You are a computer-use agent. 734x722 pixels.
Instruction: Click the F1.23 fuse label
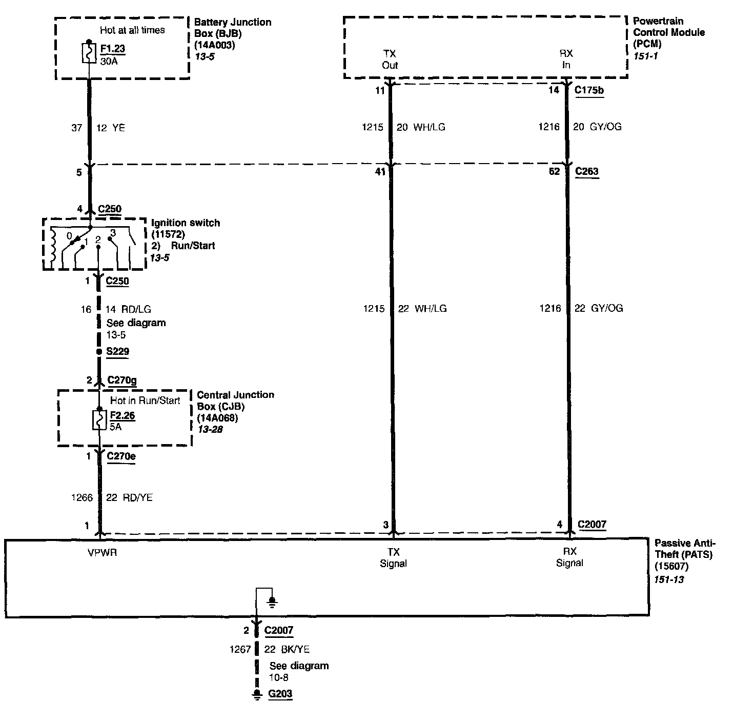113,49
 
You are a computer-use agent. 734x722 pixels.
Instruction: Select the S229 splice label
117,352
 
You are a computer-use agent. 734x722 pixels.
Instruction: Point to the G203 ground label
280,694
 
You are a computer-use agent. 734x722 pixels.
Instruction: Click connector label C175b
589,90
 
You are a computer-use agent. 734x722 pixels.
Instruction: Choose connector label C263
586,171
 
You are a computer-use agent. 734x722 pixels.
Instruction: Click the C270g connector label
121,380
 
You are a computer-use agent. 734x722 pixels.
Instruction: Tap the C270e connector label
121,456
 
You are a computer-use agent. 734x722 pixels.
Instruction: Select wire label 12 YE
111,128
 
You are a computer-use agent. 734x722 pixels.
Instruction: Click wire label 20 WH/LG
421,127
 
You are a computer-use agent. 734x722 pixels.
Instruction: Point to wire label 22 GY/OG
599,308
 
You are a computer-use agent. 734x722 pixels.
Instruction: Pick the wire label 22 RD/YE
129,497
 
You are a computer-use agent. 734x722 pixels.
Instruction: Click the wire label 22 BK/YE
287,649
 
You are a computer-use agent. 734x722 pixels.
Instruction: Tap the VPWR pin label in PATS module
102,553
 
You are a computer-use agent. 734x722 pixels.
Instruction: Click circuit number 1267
240,649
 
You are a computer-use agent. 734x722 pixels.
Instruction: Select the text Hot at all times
132,30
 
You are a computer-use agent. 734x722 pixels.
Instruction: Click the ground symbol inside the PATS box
273,600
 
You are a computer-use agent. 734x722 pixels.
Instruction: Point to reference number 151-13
669,580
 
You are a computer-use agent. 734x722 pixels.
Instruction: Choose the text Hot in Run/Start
145,400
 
